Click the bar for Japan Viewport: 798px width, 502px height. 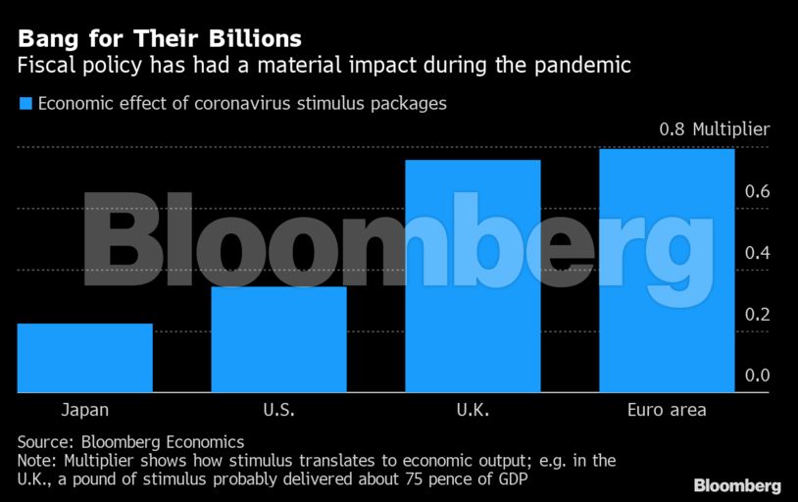point(85,358)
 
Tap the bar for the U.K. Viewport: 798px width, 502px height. point(474,276)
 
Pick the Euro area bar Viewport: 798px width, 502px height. point(667,271)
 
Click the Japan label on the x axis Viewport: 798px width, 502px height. point(85,410)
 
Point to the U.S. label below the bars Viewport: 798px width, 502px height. point(279,410)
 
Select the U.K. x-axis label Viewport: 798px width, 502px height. point(474,410)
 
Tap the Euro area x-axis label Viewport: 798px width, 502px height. point(667,410)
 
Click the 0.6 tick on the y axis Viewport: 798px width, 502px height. point(756,191)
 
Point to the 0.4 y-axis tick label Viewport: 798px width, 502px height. point(756,253)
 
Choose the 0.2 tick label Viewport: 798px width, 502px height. point(756,315)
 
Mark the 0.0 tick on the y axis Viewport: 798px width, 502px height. point(756,376)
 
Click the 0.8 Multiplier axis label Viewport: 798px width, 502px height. point(714,129)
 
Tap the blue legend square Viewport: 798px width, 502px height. point(25,102)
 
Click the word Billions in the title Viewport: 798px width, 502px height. point(249,39)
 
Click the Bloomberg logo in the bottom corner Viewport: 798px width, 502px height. point(736,485)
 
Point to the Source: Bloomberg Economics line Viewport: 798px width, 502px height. point(130,441)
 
